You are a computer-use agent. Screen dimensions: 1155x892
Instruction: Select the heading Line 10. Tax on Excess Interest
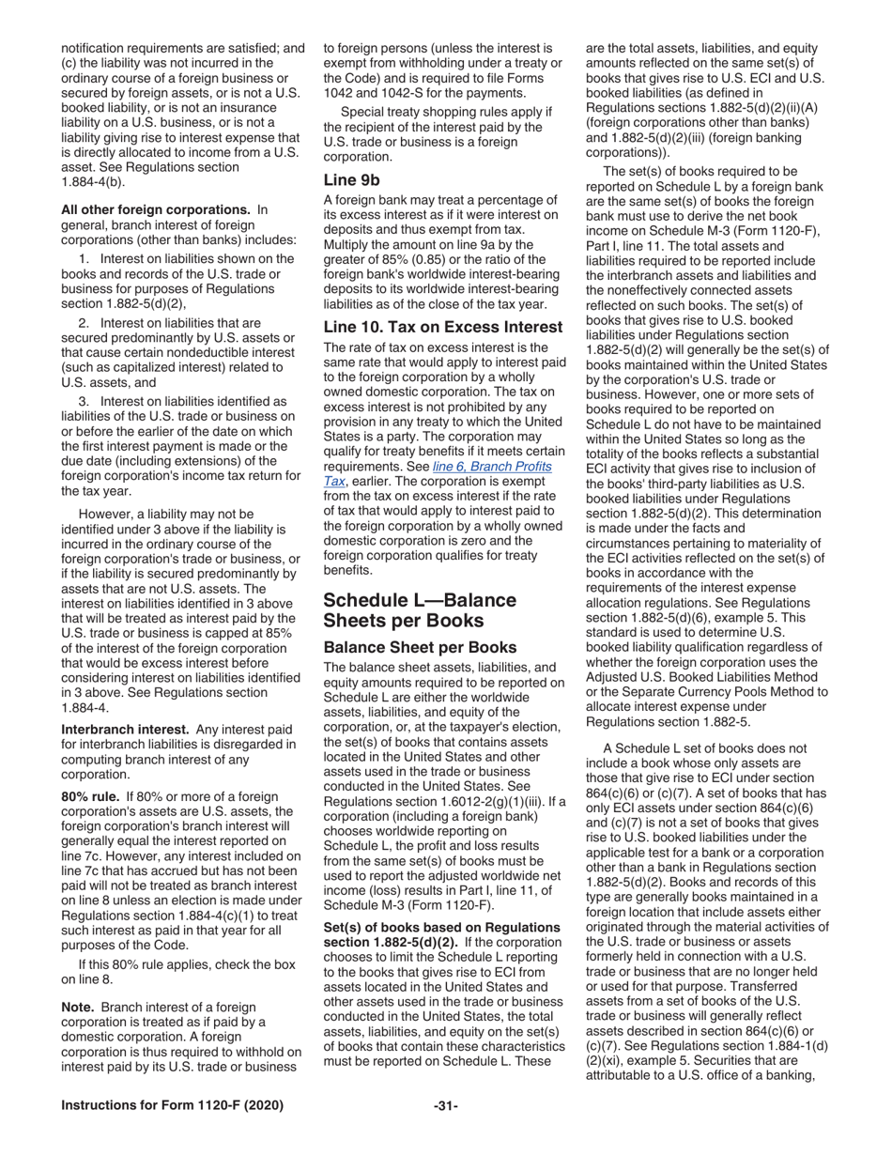point(442,327)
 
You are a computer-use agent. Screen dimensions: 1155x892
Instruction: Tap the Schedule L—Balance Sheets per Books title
point(420,610)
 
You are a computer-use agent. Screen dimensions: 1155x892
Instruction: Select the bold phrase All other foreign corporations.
point(156,209)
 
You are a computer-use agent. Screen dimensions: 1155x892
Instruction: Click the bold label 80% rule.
point(90,795)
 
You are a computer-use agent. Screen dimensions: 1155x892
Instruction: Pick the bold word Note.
point(78,1008)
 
